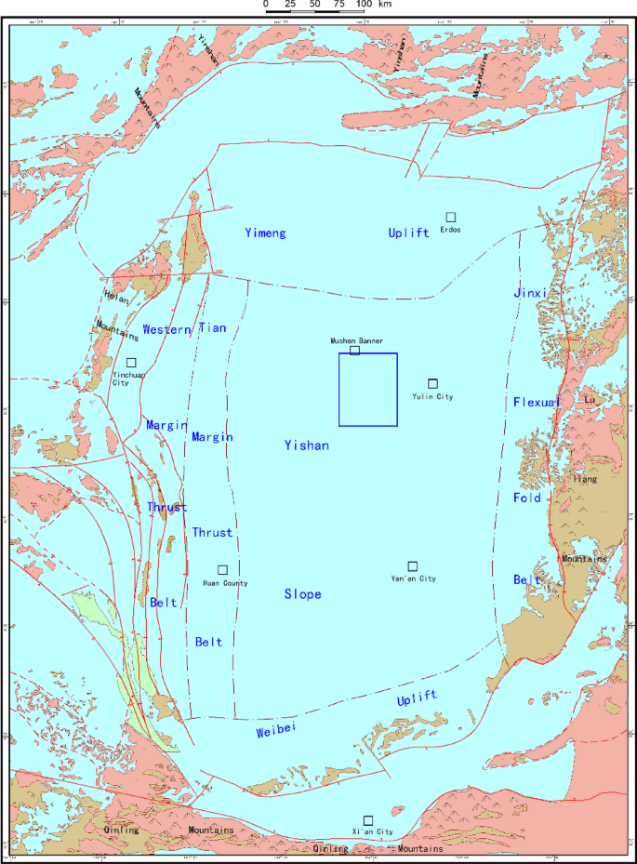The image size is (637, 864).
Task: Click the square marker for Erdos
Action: click(x=451, y=217)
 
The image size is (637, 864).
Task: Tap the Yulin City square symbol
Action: click(x=432, y=383)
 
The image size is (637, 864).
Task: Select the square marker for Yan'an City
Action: click(x=413, y=565)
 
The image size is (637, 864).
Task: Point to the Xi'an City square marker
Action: click(x=368, y=819)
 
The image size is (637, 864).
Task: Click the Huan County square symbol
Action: click(x=222, y=569)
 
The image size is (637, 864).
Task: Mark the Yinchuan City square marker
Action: click(x=131, y=362)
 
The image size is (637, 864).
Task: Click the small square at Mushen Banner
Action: click(x=354, y=351)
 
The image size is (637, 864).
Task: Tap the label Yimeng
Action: click(x=265, y=233)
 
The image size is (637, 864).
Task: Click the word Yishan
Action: click(x=307, y=445)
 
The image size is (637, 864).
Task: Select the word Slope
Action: click(x=303, y=593)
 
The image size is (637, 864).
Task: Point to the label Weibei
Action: click(x=275, y=732)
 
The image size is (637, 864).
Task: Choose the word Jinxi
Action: click(x=529, y=293)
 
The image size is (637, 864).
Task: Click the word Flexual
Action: click(x=537, y=403)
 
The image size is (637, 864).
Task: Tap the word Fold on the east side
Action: click(x=527, y=498)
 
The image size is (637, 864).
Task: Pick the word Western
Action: click(x=166, y=329)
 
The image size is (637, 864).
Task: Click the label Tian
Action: click(x=212, y=327)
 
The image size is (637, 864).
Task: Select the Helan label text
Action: click(x=116, y=298)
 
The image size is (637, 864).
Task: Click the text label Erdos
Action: click(x=451, y=230)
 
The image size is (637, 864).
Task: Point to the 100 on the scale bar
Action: click(x=364, y=5)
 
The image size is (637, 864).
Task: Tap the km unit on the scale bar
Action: click(x=385, y=5)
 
